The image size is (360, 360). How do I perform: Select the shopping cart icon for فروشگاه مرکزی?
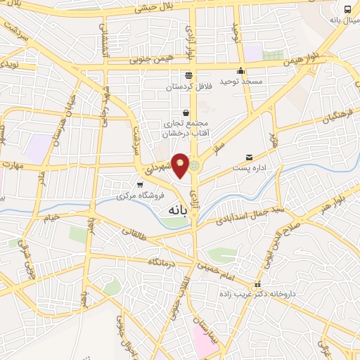click(139, 184)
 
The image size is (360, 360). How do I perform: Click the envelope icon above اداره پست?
click(249, 157)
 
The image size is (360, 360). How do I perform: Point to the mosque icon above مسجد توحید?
click(241, 70)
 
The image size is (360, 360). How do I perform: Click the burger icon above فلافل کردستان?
click(188, 75)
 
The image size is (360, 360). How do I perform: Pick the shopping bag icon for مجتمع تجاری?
click(186, 112)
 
